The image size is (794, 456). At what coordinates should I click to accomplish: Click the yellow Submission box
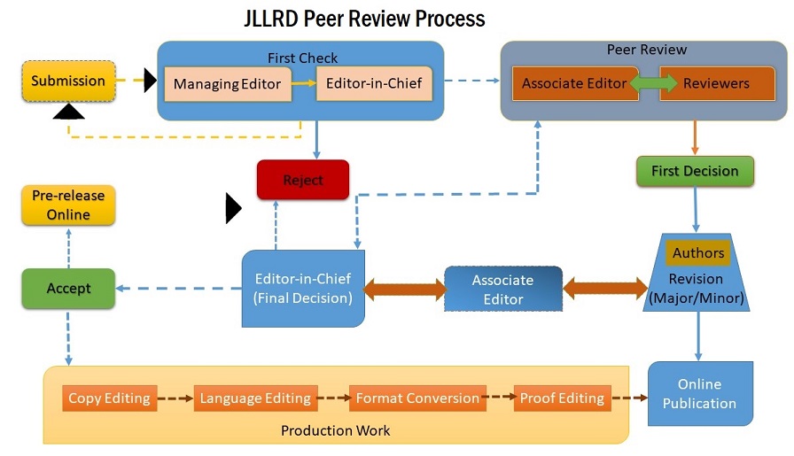click(68, 81)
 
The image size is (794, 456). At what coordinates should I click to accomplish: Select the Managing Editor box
click(227, 85)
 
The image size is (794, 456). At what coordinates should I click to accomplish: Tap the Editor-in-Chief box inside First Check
click(374, 84)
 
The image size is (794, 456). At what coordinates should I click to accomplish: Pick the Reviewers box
click(716, 84)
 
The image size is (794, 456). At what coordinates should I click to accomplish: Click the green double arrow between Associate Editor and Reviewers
click(643, 84)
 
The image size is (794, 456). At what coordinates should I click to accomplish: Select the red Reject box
click(303, 180)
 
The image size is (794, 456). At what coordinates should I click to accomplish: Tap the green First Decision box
click(695, 171)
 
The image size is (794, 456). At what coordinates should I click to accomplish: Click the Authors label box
click(698, 252)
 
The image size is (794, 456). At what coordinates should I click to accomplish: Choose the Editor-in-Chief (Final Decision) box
click(303, 289)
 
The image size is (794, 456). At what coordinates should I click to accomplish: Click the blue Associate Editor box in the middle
click(502, 289)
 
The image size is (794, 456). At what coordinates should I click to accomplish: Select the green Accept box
click(68, 289)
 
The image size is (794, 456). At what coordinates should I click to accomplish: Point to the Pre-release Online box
click(68, 205)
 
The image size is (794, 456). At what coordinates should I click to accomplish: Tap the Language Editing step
click(255, 398)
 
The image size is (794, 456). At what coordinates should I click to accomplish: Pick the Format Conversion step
click(417, 398)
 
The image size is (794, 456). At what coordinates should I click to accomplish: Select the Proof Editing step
click(563, 398)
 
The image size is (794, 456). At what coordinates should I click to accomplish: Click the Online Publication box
click(700, 394)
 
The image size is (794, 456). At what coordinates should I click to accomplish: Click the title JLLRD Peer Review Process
click(364, 19)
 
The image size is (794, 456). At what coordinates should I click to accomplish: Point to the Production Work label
click(335, 431)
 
